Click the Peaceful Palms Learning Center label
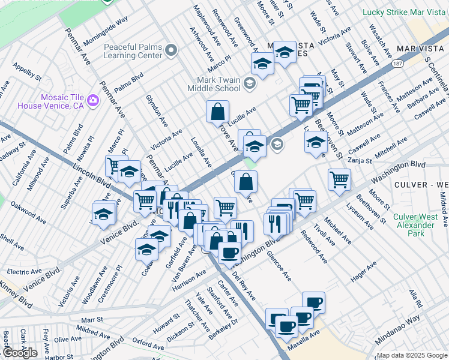click(133, 51)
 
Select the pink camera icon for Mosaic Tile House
click(93, 100)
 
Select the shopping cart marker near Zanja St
click(340, 179)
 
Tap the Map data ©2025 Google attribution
click(412, 355)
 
